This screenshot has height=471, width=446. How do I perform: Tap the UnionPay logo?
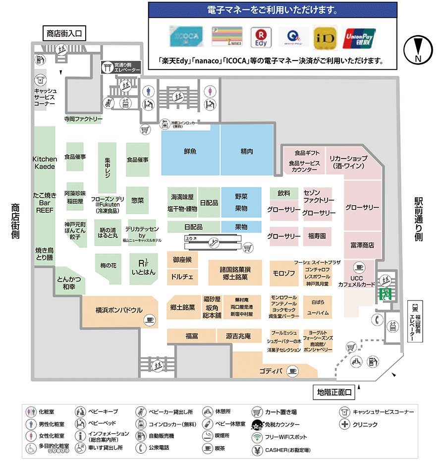360,38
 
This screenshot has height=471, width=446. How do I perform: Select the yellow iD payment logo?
325,38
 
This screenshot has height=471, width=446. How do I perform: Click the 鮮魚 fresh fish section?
190,150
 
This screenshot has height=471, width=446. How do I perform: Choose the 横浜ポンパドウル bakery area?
119,311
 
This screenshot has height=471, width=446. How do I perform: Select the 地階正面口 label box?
334,393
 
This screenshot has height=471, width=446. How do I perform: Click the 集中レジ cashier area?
107,168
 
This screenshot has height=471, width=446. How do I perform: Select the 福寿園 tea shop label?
317,236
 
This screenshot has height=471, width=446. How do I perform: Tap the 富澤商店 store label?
362,245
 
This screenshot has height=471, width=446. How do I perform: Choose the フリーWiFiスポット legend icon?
257,437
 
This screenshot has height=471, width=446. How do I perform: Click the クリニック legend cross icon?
344,424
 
